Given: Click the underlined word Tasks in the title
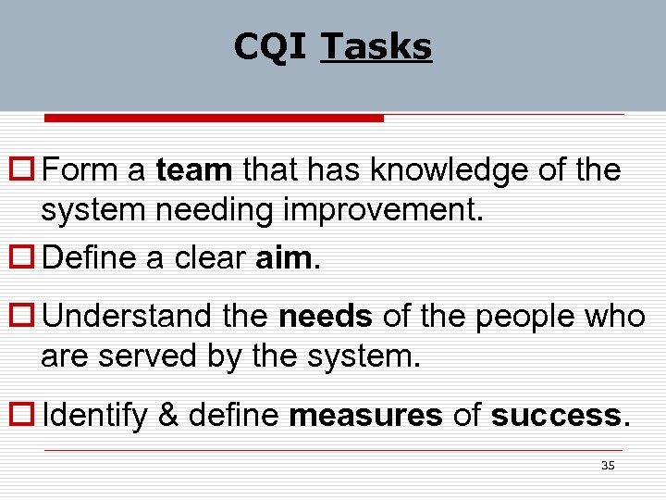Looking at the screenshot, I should click(376, 46).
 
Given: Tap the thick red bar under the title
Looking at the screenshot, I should click(214, 119).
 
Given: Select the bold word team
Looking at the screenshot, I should click(194, 170).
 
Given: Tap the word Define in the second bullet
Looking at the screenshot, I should click(88, 257).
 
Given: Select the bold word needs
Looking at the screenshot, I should click(326, 317).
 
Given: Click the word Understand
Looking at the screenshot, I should click(127, 317).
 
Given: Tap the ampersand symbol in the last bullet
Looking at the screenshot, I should click(168, 416).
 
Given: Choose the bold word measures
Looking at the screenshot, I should click(366, 416).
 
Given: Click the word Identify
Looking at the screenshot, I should click(94, 416).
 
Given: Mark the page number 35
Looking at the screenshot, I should click(608, 465).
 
